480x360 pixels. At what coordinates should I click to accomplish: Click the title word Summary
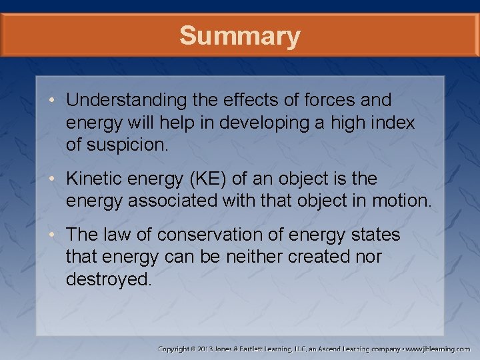[239, 35]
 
